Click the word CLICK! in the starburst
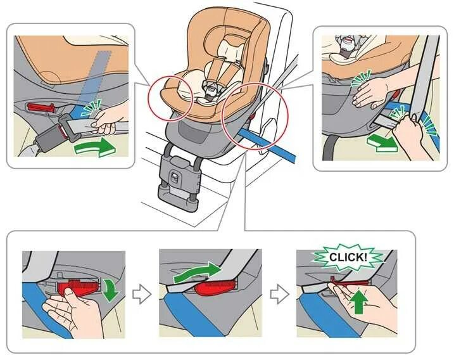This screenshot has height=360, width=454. pyautogui.click(x=348, y=257)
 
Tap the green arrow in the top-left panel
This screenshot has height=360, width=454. pyautogui.click(x=96, y=148)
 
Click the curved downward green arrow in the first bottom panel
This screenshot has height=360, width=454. pyautogui.click(x=112, y=290)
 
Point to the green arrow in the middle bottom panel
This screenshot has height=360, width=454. pyautogui.click(x=198, y=273)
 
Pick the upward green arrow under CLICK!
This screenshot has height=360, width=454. pyautogui.click(x=359, y=302)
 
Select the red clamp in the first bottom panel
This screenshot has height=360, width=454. pyautogui.click(x=78, y=287)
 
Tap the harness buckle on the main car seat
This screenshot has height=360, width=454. pyautogui.click(x=212, y=90)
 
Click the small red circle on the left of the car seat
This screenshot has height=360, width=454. pyautogui.click(x=170, y=98)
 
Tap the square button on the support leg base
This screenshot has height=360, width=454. pyautogui.click(x=175, y=177)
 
